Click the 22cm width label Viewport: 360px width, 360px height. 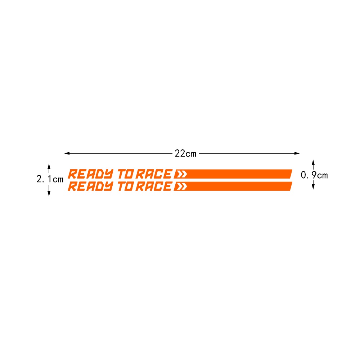coord(185,153)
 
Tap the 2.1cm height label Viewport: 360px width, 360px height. coord(50,179)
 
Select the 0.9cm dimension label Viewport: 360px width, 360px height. coord(314,175)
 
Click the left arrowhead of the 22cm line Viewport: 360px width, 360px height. coord(67,153)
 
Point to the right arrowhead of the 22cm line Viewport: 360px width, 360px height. coord(297,153)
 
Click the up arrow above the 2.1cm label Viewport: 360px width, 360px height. coord(49,168)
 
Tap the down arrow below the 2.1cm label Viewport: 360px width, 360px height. coord(49,191)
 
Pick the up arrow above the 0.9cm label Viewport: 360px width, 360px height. coord(313,165)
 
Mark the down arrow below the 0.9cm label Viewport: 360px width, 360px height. coord(313,185)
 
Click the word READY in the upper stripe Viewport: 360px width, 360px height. coord(91,174)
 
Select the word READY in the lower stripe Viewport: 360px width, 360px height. coord(91,186)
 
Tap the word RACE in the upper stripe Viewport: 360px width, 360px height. coord(154,174)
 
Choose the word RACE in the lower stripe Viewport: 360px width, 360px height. coord(154,186)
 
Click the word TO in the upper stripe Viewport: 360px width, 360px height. coord(126,174)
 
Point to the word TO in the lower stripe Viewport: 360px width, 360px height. coord(126,186)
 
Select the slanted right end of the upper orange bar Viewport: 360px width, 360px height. coord(291,174)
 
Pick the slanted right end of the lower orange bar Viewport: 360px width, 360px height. coord(291,186)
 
